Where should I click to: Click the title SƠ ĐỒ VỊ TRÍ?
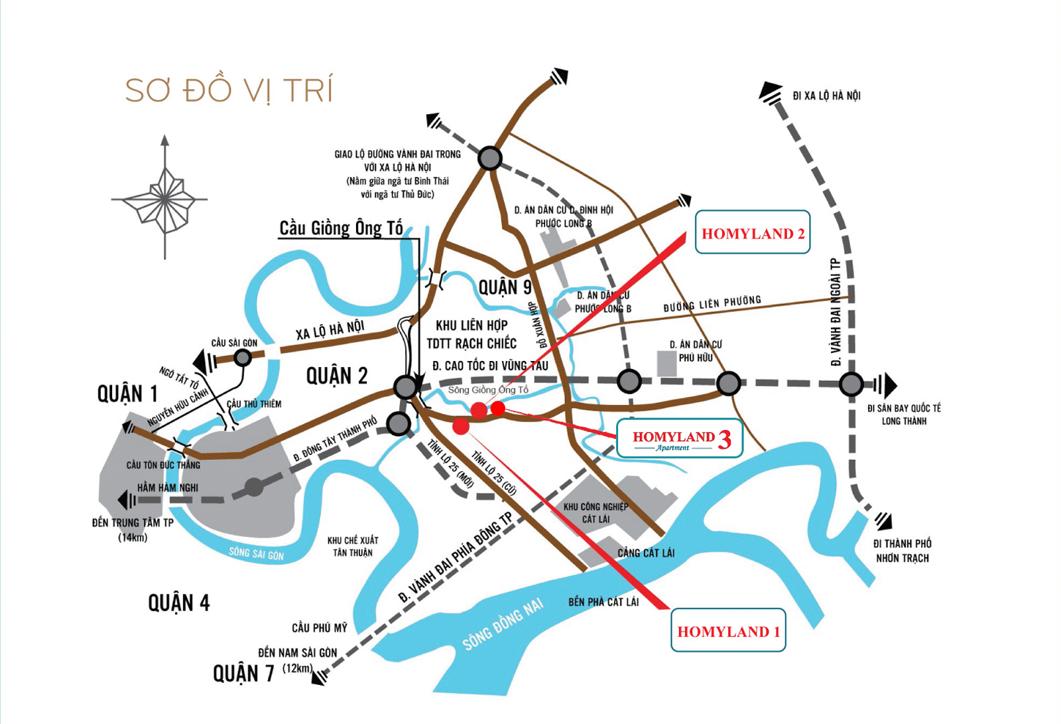(229, 91)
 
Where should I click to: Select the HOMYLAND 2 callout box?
(753, 233)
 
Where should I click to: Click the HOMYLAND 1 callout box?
(728, 631)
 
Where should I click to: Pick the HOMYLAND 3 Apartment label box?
(680, 439)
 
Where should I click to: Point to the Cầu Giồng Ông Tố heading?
(341, 228)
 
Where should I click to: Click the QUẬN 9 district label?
(505, 287)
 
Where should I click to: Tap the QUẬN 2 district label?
(336, 376)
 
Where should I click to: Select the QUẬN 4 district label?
(178, 603)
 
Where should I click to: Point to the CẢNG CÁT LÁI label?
(646, 553)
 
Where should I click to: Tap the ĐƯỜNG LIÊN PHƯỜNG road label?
(712, 304)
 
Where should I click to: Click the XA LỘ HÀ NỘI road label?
(330, 330)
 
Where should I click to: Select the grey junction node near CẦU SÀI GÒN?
(243, 358)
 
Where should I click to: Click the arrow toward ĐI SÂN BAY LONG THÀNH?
(887, 384)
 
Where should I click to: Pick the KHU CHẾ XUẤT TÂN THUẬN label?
(352, 546)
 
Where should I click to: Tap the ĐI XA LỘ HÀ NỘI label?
(826, 96)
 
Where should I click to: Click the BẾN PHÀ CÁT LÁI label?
(603, 602)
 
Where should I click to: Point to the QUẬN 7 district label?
(243, 674)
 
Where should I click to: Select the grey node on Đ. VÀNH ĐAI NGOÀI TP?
(851, 384)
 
